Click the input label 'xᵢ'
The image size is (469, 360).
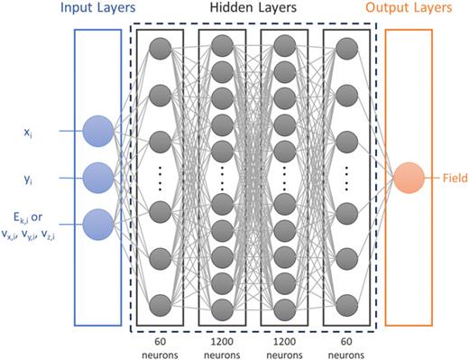(x=27, y=132)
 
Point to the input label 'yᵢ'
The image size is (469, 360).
(x=27, y=179)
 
